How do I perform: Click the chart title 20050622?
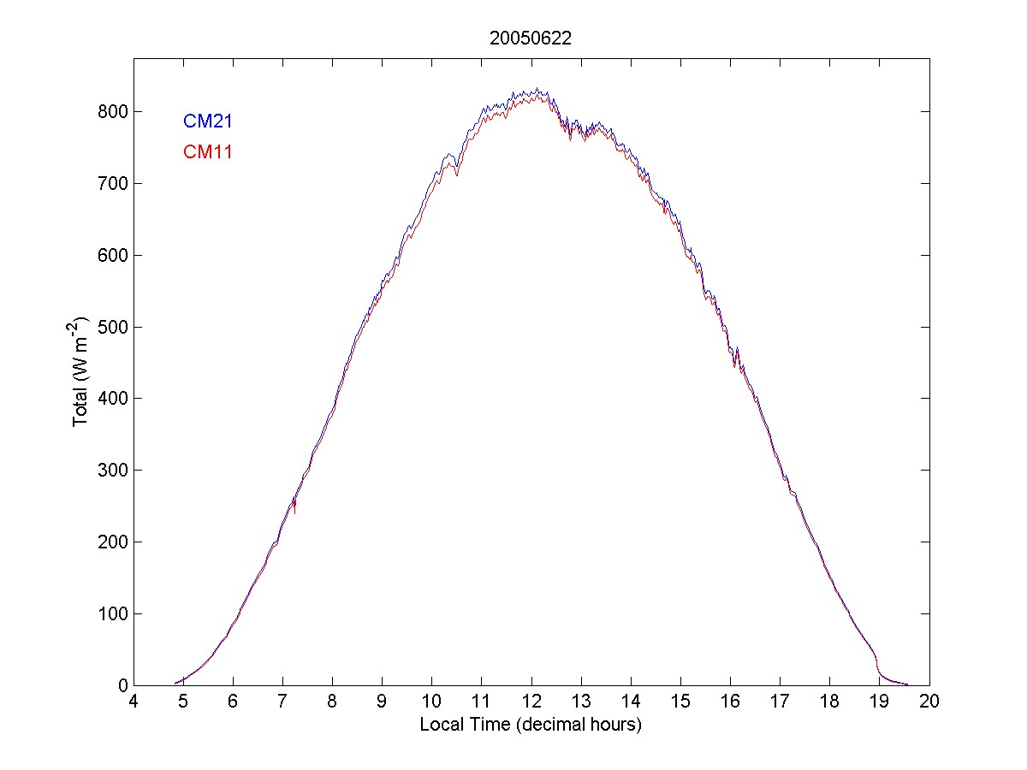pyautogui.click(x=530, y=38)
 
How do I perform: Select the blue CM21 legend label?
pyautogui.click(x=208, y=121)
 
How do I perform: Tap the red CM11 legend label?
pyautogui.click(x=208, y=152)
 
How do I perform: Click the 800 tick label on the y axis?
pyautogui.click(x=112, y=112)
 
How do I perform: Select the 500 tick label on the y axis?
pyautogui.click(x=112, y=328)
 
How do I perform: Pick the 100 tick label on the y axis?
pyautogui.click(x=112, y=614)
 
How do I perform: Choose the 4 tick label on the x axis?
pyautogui.click(x=134, y=702)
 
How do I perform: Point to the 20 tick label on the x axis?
pyautogui.click(x=929, y=702)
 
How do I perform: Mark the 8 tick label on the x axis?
pyautogui.click(x=333, y=702)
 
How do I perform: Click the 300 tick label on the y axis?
pyautogui.click(x=112, y=471)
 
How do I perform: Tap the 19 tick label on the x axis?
pyautogui.click(x=880, y=702)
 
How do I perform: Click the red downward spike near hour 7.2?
pyautogui.click(x=294, y=510)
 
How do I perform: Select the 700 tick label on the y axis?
pyautogui.click(x=112, y=184)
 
